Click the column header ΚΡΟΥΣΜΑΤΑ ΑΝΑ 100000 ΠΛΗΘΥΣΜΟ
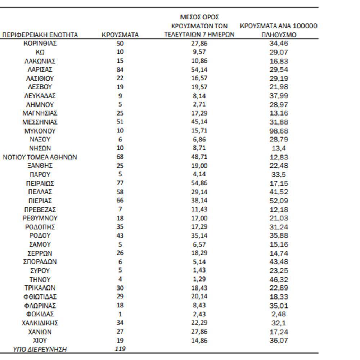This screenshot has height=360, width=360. (x=279, y=31)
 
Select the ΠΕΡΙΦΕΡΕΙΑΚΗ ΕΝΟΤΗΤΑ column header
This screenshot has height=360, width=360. (x=40, y=35)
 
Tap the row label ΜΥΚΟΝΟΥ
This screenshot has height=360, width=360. (x=40, y=131)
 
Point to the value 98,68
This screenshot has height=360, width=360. (x=279, y=131)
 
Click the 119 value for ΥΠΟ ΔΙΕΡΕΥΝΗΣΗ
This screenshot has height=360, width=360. (x=120, y=348)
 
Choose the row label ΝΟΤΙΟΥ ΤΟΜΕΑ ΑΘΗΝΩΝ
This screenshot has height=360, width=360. (x=40, y=157)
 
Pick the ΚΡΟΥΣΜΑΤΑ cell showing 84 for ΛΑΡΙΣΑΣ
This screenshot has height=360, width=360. (x=120, y=69)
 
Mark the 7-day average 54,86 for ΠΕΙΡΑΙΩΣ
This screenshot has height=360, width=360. (x=199, y=183)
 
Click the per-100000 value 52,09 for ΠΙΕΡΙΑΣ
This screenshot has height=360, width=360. (x=279, y=201)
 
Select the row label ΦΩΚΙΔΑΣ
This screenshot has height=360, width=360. (x=40, y=314)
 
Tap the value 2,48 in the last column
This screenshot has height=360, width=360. (x=279, y=314)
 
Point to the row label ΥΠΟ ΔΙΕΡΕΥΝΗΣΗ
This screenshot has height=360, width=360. (x=40, y=349)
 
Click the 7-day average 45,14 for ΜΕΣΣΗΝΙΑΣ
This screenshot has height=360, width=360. (x=199, y=122)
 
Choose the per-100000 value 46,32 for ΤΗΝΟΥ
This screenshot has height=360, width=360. (x=279, y=279)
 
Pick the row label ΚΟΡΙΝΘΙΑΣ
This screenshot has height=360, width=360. (x=40, y=43)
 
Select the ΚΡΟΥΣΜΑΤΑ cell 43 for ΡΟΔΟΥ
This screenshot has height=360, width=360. (x=120, y=235)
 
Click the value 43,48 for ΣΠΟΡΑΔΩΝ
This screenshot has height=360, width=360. (x=279, y=262)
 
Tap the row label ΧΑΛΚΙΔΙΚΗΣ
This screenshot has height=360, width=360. (x=40, y=323)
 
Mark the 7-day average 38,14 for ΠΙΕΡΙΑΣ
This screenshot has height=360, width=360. (x=199, y=201)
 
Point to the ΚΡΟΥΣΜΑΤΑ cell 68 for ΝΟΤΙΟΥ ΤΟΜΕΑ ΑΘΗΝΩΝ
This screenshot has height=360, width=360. (x=120, y=157)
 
